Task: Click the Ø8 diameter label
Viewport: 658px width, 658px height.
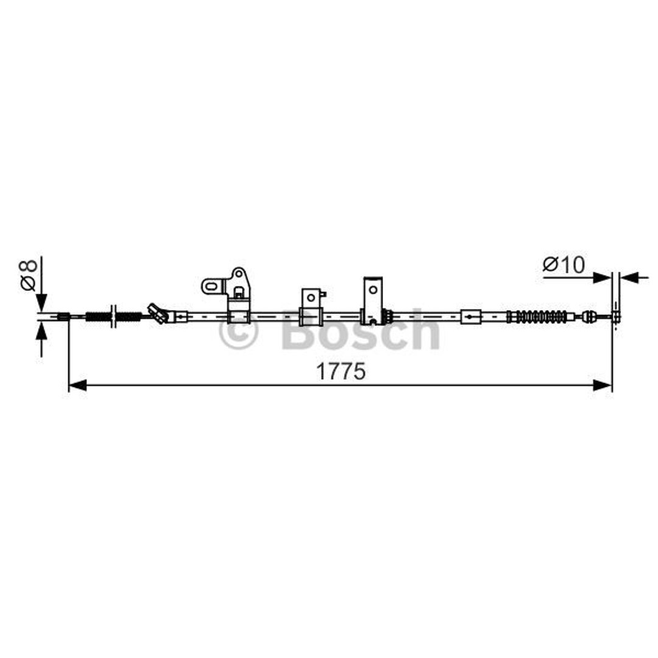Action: [29, 275]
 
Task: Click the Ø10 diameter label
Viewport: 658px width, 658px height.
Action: [563, 265]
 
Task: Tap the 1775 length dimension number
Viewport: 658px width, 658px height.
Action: [341, 372]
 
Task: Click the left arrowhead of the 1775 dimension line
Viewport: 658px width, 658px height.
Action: [77, 385]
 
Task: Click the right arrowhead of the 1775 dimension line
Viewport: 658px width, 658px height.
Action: [603, 385]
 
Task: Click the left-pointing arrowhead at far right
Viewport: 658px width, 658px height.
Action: [629, 277]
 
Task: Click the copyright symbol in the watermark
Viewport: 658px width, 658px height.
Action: [238, 330]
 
